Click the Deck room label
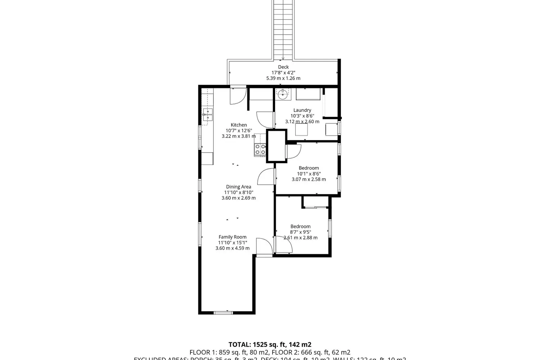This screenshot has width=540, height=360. coord(283,67)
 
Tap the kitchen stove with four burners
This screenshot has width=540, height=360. coord(260,149)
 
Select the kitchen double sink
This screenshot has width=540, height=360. coord(208,114)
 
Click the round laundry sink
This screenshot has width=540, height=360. coord(283,95)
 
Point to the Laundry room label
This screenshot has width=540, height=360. coord(302,110)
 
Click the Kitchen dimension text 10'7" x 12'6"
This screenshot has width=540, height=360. coord(239,131)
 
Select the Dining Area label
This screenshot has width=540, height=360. coord(238,186)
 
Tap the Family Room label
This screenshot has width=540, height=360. coord(233,237)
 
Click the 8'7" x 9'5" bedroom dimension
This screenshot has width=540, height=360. coord(300,232)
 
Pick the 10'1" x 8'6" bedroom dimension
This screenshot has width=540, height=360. coord(309,174)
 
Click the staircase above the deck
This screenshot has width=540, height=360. coord(283,29)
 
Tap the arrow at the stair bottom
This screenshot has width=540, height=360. coord(283,58)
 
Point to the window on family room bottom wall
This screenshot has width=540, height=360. coord(223,312)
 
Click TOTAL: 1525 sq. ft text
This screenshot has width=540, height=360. coord(270,345)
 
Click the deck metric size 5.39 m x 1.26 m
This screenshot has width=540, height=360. coord(283,78)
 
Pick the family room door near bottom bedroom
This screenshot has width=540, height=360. coord(264,247)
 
